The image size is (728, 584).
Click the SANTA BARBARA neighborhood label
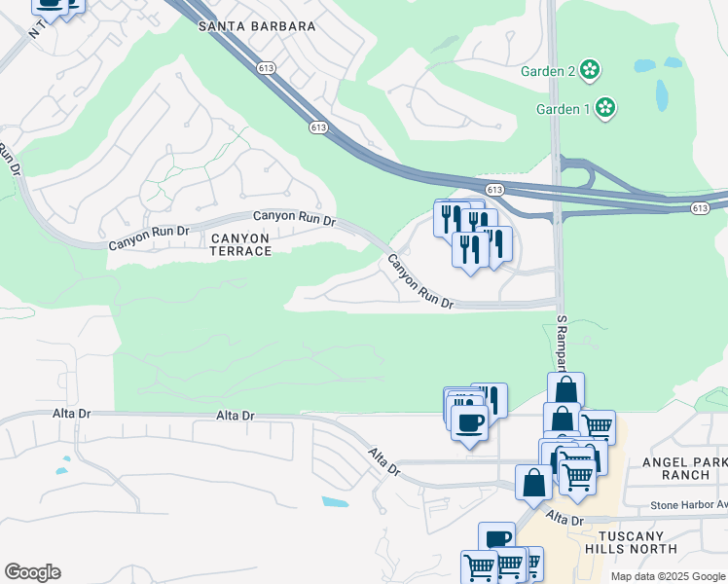point(257,26)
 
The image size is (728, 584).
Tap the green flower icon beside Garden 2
point(589,70)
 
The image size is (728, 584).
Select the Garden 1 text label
point(564,108)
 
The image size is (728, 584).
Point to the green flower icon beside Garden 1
point(605,107)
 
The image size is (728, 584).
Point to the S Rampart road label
point(562,341)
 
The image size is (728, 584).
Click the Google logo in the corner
point(32,572)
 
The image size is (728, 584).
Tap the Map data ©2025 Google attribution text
point(668,576)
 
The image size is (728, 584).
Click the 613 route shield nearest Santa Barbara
point(267,67)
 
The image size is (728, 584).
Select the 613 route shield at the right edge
point(700,208)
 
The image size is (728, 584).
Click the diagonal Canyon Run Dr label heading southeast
point(420,282)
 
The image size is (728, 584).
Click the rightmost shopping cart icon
point(597,425)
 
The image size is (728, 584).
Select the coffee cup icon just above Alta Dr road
point(470,423)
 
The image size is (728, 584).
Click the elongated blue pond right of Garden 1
point(662,95)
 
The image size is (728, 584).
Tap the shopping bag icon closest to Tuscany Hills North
point(534,482)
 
